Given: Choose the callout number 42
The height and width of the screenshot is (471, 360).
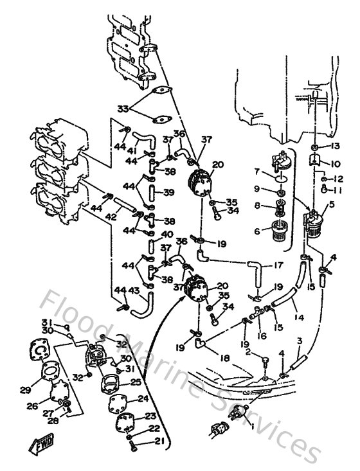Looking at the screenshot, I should pyautogui.click(x=111, y=217).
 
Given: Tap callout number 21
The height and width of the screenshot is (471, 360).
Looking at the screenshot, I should pyautogui.click(x=159, y=440).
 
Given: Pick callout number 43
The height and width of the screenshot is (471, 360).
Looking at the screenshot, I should pyautogui.click(x=135, y=290).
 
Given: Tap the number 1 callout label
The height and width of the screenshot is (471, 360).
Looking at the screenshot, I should pyautogui.click(x=251, y=427).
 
